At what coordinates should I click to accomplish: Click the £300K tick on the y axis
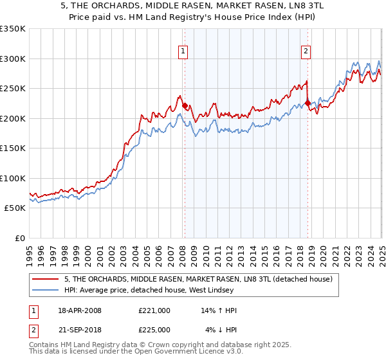coord(13,59)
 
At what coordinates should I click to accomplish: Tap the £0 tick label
coord(21,238)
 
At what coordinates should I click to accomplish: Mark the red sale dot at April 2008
coord(185,106)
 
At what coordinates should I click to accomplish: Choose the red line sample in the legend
coord(46,279)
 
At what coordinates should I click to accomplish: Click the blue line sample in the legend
coord(46,290)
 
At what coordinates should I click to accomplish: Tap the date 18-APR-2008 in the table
coord(80,310)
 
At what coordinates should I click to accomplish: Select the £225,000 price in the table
coord(154,330)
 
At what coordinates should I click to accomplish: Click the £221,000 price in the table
coord(154,310)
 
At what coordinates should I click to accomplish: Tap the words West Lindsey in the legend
coord(219,290)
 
